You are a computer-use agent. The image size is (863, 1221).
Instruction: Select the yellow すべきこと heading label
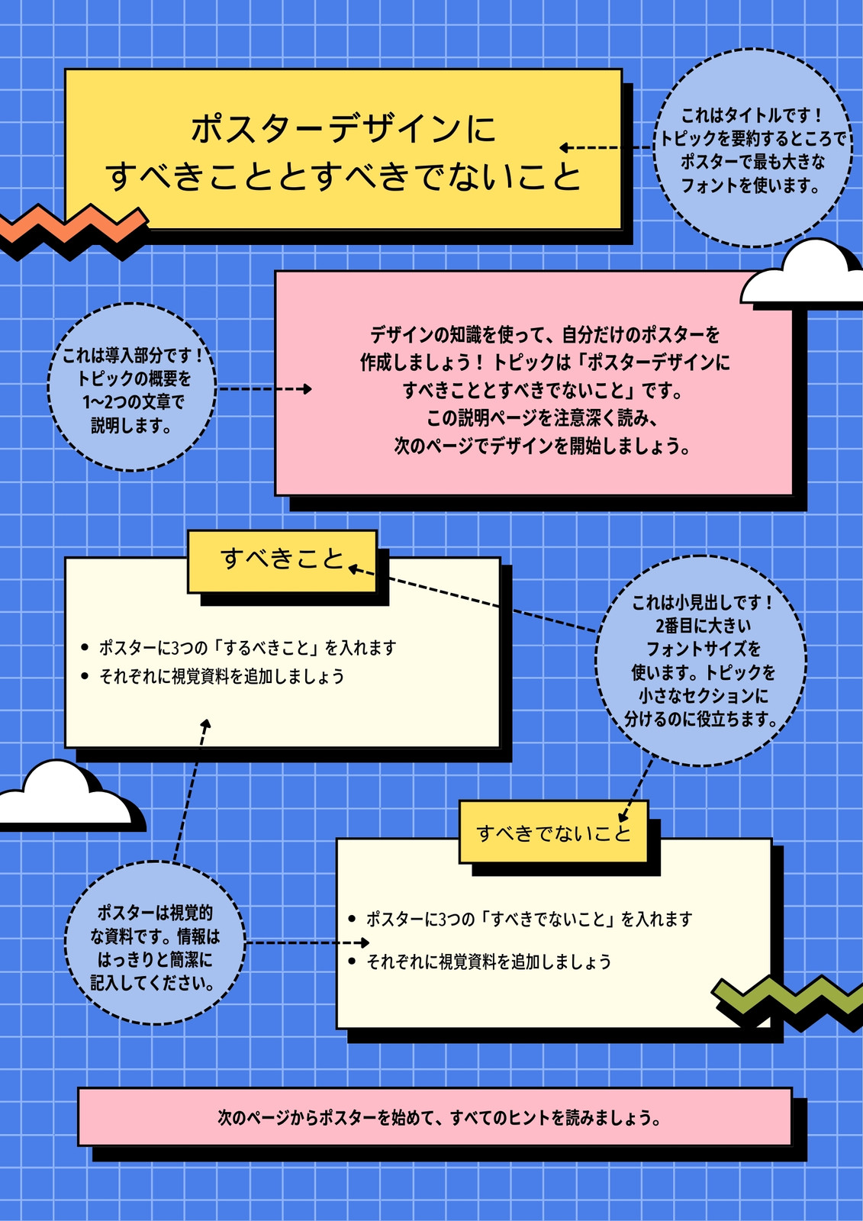[282, 562]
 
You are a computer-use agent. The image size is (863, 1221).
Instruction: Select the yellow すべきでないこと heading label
[553, 832]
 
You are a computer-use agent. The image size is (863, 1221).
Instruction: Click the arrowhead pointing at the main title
[565, 147]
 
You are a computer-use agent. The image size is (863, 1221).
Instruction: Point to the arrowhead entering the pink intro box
[307, 388]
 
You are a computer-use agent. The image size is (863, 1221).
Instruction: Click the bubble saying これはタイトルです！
[752, 148]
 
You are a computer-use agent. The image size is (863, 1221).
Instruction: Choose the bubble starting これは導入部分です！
[132, 387]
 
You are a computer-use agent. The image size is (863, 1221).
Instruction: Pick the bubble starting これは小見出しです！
[701, 661]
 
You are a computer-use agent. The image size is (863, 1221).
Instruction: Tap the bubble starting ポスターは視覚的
[156, 942]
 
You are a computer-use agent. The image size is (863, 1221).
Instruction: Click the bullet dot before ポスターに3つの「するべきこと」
[85, 648]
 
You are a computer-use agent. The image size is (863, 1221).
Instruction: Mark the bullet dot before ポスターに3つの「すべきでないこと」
[352, 919]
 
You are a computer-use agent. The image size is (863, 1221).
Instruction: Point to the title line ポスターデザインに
[343, 129]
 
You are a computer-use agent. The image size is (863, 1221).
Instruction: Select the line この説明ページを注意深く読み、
[543, 418]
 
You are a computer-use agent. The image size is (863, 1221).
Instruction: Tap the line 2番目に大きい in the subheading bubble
[703, 626]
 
